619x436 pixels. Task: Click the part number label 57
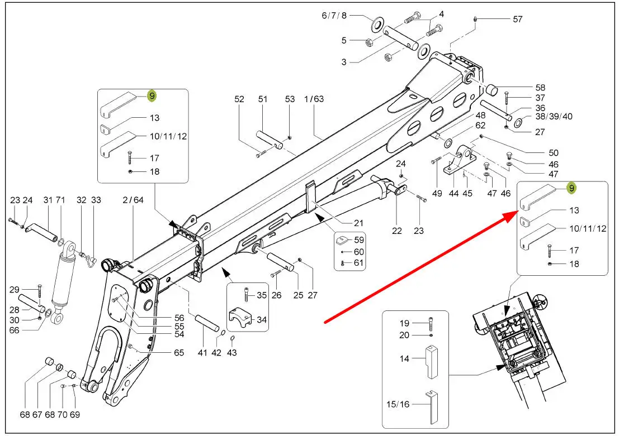coord(518,19)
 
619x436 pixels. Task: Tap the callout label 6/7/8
coord(334,16)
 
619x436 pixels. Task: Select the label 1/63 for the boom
coord(314,99)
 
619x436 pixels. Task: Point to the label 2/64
coord(133,200)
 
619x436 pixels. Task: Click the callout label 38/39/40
coord(554,116)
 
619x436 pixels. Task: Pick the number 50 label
coord(554,152)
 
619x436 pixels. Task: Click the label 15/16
coord(398,404)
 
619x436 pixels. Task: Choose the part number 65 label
coord(179,352)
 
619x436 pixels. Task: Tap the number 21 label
coord(358,223)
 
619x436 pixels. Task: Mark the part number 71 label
coord(60,200)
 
